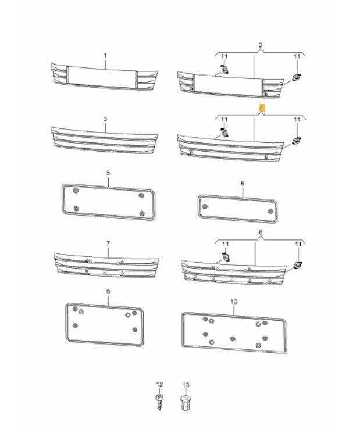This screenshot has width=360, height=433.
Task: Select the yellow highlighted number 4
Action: click(x=261, y=108)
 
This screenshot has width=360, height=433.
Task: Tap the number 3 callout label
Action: click(x=105, y=119)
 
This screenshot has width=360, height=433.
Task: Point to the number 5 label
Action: click(x=108, y=173)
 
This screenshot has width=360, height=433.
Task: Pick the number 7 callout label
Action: click(x=108, y=242)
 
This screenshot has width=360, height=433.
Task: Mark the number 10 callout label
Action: click(x=234, y=302)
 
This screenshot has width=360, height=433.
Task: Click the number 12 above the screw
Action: click(x=159, y=385)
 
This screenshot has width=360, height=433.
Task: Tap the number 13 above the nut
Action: click(x=186, y=385)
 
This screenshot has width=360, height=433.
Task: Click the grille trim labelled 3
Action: click(x=105, y=140)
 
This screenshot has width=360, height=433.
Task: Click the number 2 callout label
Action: click(x=261, y=45)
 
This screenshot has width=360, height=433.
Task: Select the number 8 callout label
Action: click(x=261, y=232)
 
